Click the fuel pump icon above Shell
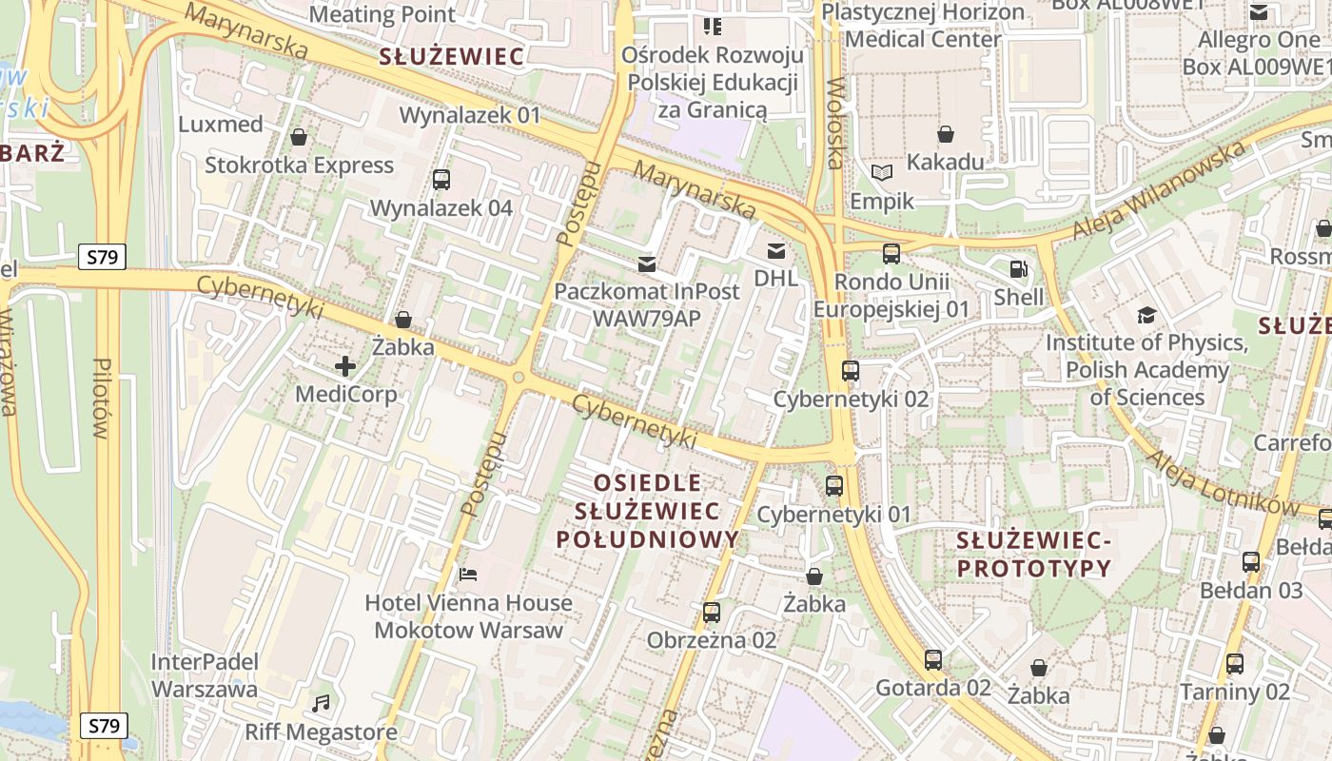pyautogui.click(x=1018, y=269)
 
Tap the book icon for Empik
pyautogui.click(x=882, y=172)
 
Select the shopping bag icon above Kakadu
pyautogui.click(x=945, y=134)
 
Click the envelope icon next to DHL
pyautogui.click(x=776, y=251)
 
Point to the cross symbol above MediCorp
pyautogui.click(x=345, y=365)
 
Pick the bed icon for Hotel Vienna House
pyautogui.click(x=468, y=574)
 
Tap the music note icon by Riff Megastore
pyautogui.click(x=322, y=704)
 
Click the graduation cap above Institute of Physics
pyautogui.click(x=1146, y=315)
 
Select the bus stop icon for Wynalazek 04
pyautogui.click(x=441, y=179)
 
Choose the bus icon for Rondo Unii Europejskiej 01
pyautogui.click(x=891, y=253)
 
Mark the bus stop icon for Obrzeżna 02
pyautogui.click(x=711, y=612)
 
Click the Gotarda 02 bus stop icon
pyautogui.click(x=932, y=659)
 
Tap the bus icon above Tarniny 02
pyautogui.click(x=1234, y=663)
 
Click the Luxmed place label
pyautogui.click(x=221, y=125)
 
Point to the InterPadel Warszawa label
pyautogui.click(x=204, y=674)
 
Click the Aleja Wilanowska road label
pyautogui.click(x=1158, y=191)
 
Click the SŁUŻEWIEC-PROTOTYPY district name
pyautogui.click(x=1033, y=555)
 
